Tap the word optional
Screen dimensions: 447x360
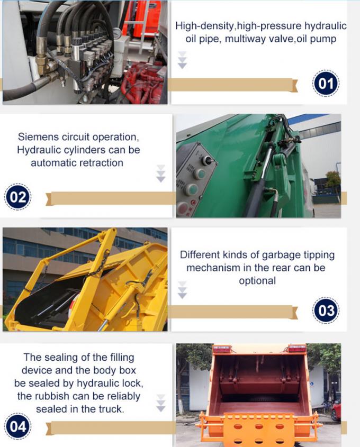pos(257,280)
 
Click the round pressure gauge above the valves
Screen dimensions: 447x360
pos(116,33)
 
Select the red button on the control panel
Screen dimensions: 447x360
pos(183,207)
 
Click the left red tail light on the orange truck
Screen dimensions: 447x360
pos(222,349)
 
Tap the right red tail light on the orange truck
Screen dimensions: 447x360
pos(296,348)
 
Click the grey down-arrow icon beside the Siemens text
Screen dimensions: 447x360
pos(161,174)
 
